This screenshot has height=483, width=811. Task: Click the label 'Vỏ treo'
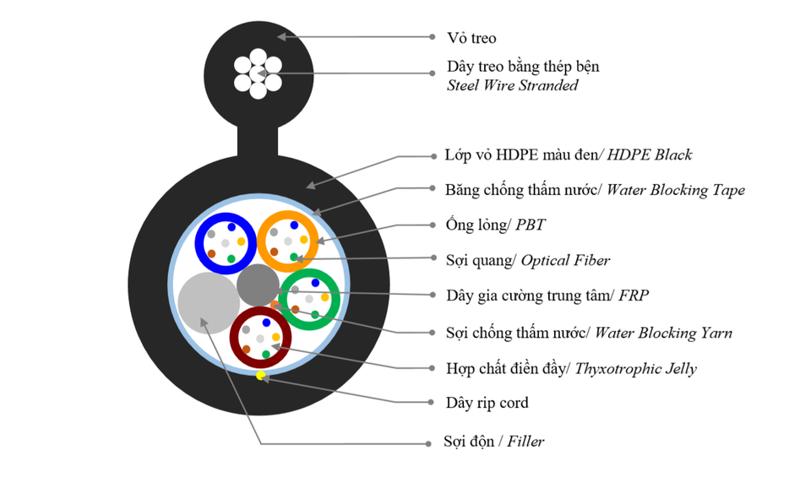point(471,38)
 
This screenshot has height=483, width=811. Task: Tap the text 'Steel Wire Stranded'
point(513,85)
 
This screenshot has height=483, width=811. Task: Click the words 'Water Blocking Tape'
point(676,190)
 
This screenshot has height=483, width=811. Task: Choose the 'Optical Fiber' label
point(565,260)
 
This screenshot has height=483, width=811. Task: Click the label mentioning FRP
point(547,296)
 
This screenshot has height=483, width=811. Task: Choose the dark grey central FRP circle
point(258,285)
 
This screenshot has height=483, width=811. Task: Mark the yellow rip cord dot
point(261,375)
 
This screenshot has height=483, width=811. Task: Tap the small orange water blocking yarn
point(275,303)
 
